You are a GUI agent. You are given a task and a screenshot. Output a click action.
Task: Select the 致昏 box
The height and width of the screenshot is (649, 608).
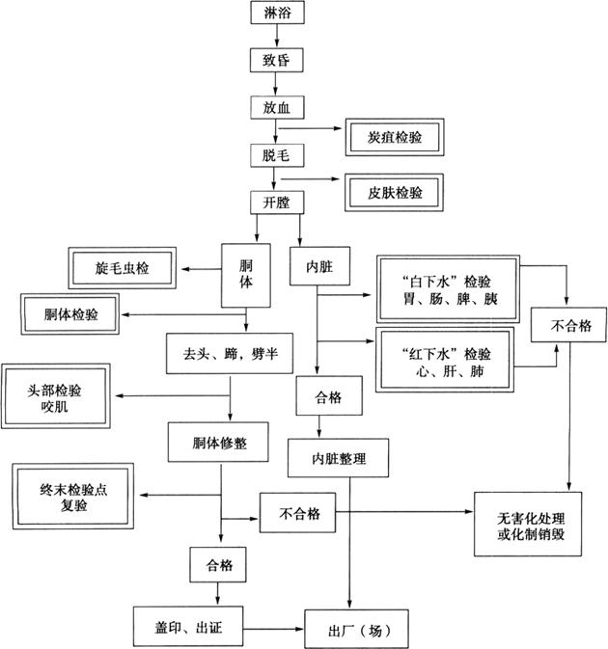point(276,60)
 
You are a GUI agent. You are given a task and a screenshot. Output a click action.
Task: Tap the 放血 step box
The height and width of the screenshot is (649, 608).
point(276,107)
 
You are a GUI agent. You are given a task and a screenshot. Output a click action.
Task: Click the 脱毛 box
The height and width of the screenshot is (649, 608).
point(276,154)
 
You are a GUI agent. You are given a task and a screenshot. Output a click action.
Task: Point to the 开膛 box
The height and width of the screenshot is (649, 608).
point(276,203)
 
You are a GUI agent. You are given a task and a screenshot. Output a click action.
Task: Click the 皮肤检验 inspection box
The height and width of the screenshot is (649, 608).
point(390,192)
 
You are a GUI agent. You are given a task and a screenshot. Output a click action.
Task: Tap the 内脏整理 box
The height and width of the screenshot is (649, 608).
point(338,456)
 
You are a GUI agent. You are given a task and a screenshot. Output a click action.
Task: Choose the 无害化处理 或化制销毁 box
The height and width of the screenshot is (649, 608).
point(527,526)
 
